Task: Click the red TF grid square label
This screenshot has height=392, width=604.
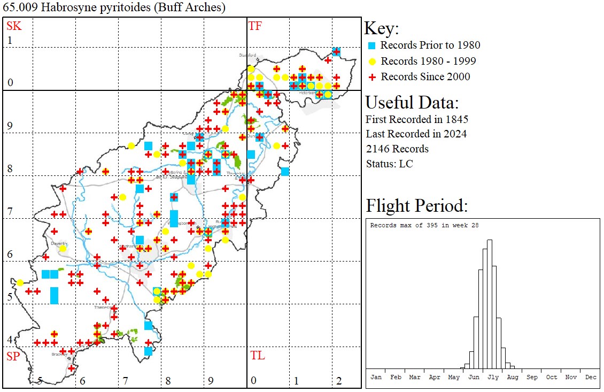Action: [x=255, y=26]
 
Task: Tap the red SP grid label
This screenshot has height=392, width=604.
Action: [x=13, y=356]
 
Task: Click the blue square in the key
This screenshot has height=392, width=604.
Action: [x=373, y=45]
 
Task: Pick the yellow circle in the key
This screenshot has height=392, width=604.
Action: [x=373, y=61]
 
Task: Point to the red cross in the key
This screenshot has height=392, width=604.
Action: [x=373, y=77]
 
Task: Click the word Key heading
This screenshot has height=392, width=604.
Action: [x=381, y=29]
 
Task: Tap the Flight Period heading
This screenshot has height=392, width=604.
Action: [x=417, y=206]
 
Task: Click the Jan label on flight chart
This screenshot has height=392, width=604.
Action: [x=376, y=377]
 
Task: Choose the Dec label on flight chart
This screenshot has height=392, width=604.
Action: [x=591, y=377]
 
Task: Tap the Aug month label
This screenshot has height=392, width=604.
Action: [x=513, y=377]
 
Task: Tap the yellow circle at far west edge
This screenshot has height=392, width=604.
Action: [x=20, y=283]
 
